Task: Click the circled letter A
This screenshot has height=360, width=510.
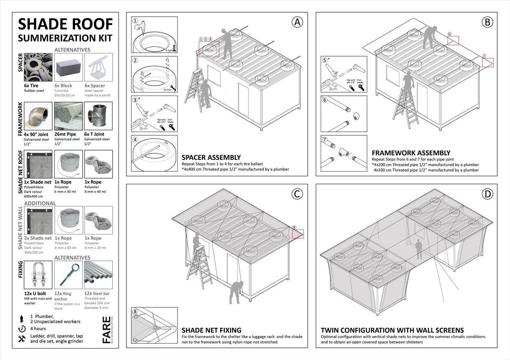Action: click(x=297, y=22)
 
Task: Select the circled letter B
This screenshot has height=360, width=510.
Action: click(x=487, y=22)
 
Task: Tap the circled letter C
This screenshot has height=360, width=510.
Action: click(x=297, y=194)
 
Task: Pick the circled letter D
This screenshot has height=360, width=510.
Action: click(x=487, y=194)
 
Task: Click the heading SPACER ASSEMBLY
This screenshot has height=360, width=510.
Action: click(x=211, y=157)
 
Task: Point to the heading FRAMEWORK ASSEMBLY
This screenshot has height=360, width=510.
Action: click(x=411, y=153)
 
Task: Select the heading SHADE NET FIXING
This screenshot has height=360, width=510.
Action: click(x=211, y=330)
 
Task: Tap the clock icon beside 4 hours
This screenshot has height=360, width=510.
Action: click(x=22, y=329)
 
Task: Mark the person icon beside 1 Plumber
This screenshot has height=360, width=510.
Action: click(x=22, y=318)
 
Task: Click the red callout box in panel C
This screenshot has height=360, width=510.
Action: click(x=298, y=233)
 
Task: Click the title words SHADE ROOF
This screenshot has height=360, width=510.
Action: click(x=65, y=24)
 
